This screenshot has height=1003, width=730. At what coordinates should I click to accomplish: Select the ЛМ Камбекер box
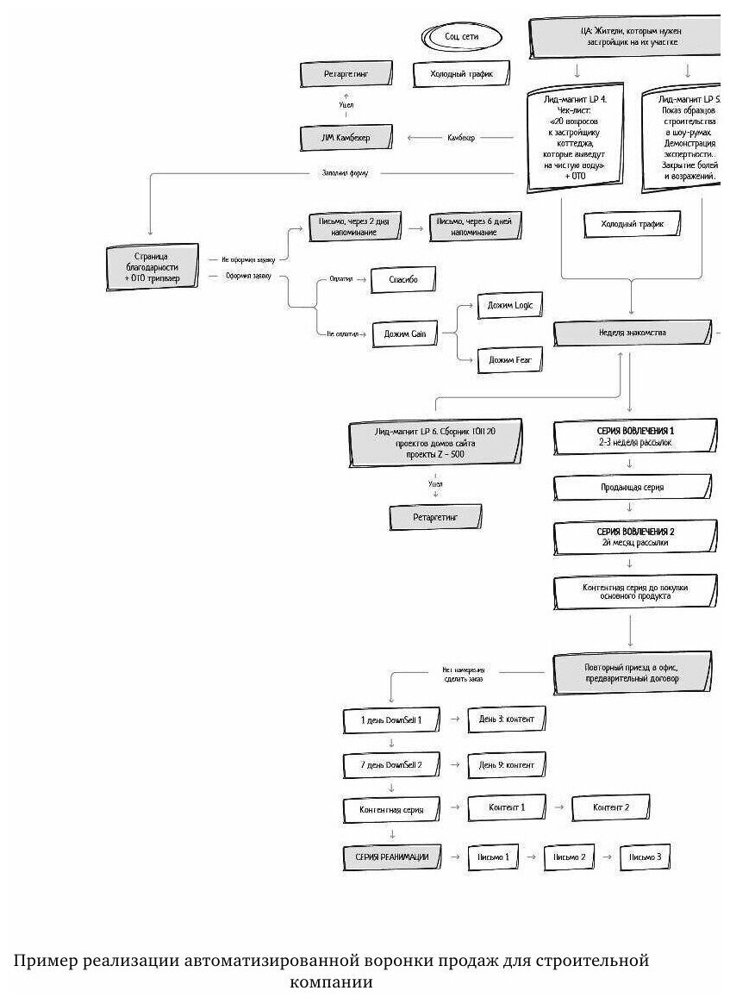tap(346, 137)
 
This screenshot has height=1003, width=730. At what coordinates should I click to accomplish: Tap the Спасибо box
tap(403, 281)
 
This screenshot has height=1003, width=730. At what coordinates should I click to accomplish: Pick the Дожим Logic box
tap(510, 306)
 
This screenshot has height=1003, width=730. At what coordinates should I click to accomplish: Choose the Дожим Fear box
tap(509, 359)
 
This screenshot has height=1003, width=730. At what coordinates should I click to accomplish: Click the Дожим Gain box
tap(405, 333)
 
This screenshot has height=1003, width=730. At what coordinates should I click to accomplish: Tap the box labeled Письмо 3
tap(646, 857)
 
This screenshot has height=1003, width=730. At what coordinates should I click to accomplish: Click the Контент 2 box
tap(611, 807)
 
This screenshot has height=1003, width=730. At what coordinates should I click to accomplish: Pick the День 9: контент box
tap(507, 764)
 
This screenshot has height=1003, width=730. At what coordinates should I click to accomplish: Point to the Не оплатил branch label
tap(342, 333)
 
